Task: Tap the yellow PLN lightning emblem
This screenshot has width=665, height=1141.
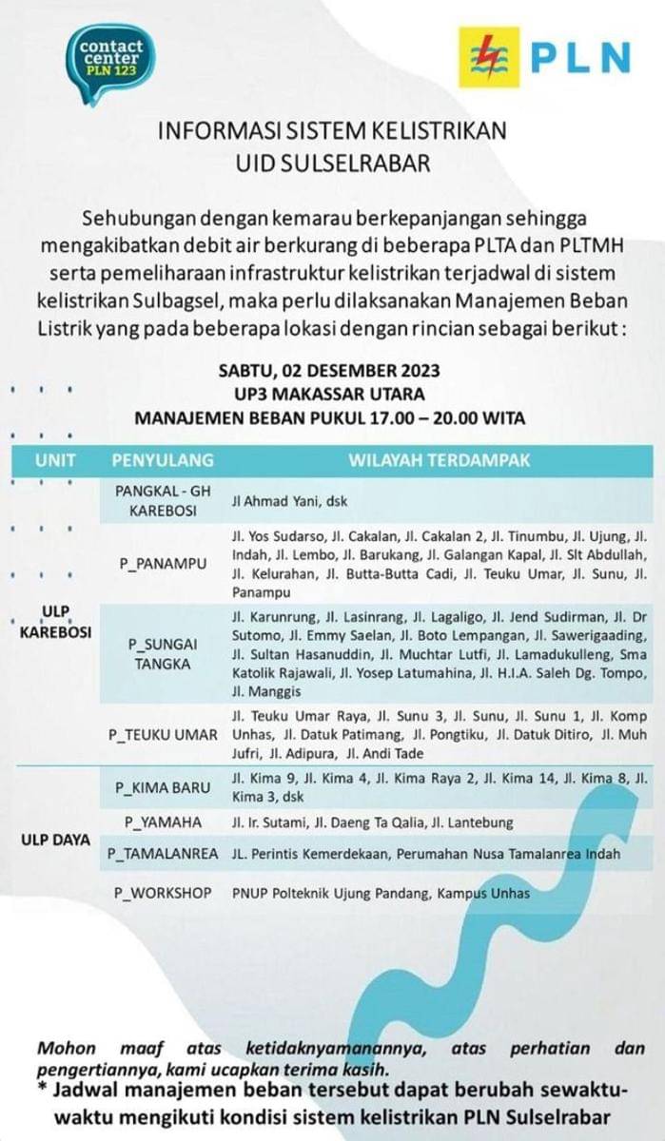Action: point(489,57)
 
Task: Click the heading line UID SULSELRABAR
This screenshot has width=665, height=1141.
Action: point(332,163)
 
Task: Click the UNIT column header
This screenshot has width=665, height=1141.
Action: point(55,460)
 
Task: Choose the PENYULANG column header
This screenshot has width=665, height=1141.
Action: point(163,460)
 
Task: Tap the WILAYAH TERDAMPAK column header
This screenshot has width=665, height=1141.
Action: point(439,460)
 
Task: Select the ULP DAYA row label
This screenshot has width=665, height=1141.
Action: point(56,840)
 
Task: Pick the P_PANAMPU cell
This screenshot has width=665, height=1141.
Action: point(163,564)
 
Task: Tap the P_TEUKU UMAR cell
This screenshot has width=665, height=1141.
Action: point(163,734)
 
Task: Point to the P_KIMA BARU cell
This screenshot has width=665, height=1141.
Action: point(163,787)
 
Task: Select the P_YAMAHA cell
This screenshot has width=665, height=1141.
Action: point(163,822)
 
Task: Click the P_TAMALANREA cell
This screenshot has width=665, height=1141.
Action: point(163,855)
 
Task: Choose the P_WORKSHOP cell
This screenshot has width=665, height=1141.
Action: point(163,893)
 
